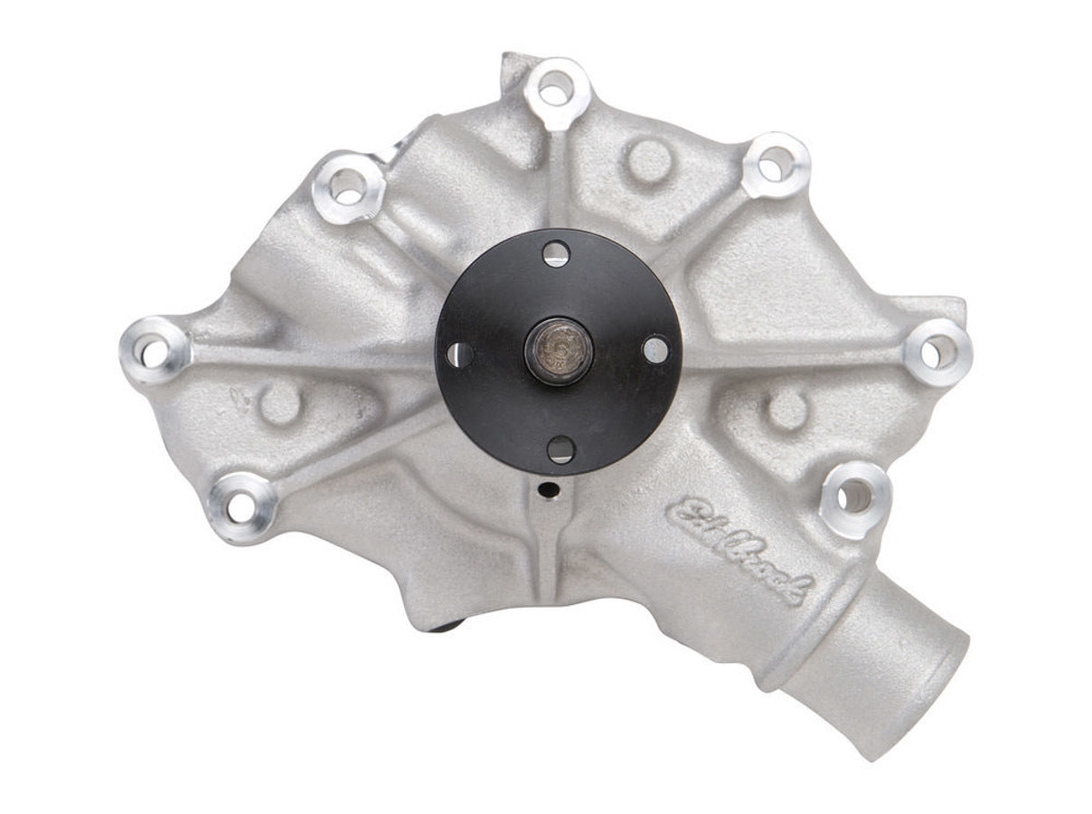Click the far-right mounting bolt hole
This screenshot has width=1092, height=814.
937,353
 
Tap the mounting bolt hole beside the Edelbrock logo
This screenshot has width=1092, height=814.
853,496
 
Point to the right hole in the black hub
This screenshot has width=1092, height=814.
654,349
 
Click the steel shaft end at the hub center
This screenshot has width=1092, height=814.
559,350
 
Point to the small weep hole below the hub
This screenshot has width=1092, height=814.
545,489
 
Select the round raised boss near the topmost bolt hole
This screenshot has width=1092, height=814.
650,161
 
